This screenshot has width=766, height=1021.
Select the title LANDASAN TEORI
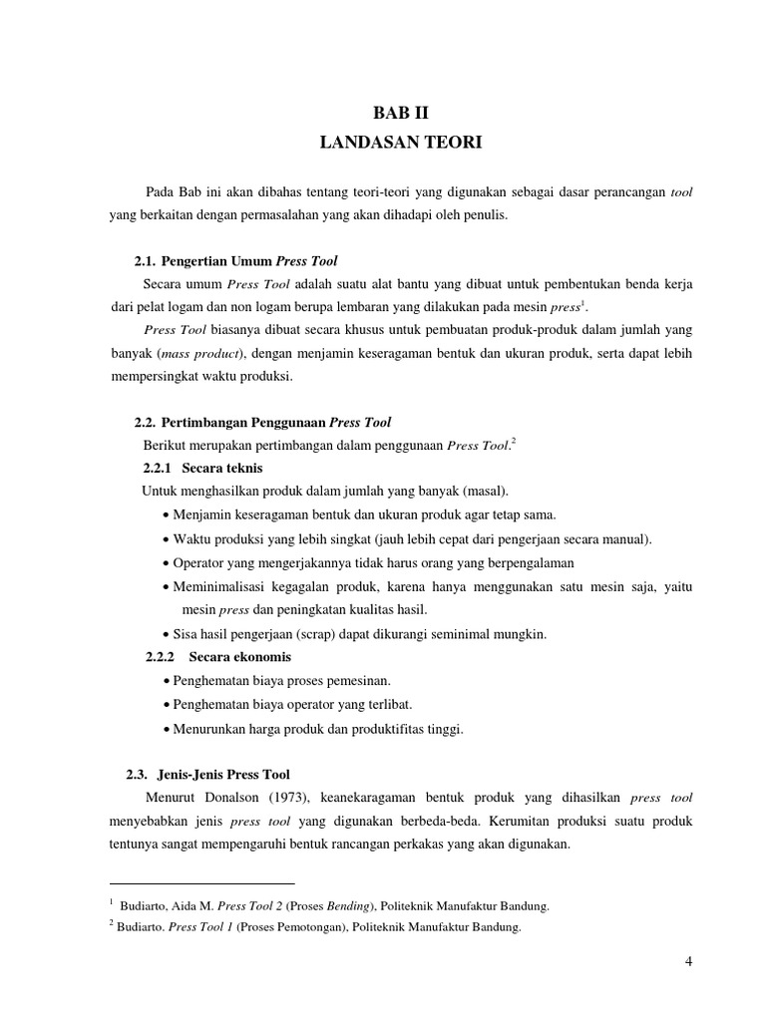(x=400, y=144)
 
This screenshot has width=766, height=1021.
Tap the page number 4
(x=689, y=961)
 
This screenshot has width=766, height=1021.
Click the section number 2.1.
(x=146, y=261)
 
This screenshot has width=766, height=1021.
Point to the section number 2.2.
(x=146, y=423)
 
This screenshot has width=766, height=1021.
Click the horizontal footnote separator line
(x=201, y=883)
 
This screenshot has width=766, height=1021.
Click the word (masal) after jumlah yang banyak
(x=483, y=491)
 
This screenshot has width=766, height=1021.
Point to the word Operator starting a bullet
(x=199, y=562)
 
